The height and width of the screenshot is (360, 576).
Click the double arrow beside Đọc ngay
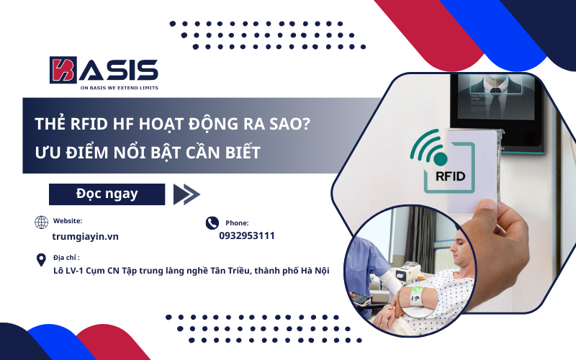point(186,194)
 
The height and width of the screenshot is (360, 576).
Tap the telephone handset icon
point(212,223)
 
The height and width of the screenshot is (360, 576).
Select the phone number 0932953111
point(247,235)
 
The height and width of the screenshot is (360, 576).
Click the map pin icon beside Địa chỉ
point(42,260)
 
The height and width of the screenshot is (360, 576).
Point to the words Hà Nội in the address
point(313,271)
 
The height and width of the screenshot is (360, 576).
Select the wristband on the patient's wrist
point(418,295)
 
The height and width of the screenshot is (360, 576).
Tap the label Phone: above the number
point(237,223)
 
